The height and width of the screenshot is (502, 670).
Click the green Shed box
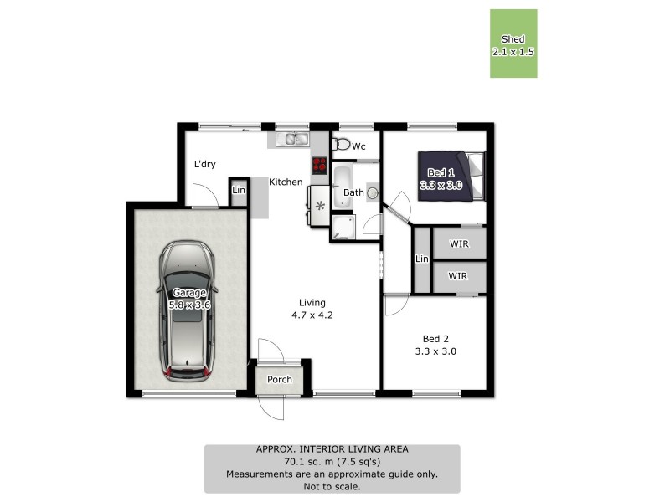[513, 44]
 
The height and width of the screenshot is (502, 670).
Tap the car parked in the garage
[188, 310]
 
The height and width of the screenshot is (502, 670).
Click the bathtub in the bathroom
[342, 187]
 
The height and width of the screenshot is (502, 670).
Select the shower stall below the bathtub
[343, 227]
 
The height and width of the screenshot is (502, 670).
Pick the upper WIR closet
[458, 243]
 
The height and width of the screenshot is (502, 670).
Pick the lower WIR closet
[458, 276]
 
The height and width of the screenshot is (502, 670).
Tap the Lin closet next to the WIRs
[422, 260]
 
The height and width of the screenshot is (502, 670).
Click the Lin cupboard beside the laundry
[238, 192]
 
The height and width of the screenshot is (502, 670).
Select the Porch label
[280, 379]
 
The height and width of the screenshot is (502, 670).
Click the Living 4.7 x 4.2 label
[312, 310]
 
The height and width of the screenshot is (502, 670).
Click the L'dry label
[205, 164]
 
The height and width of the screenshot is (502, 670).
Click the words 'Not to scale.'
[332, 485]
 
